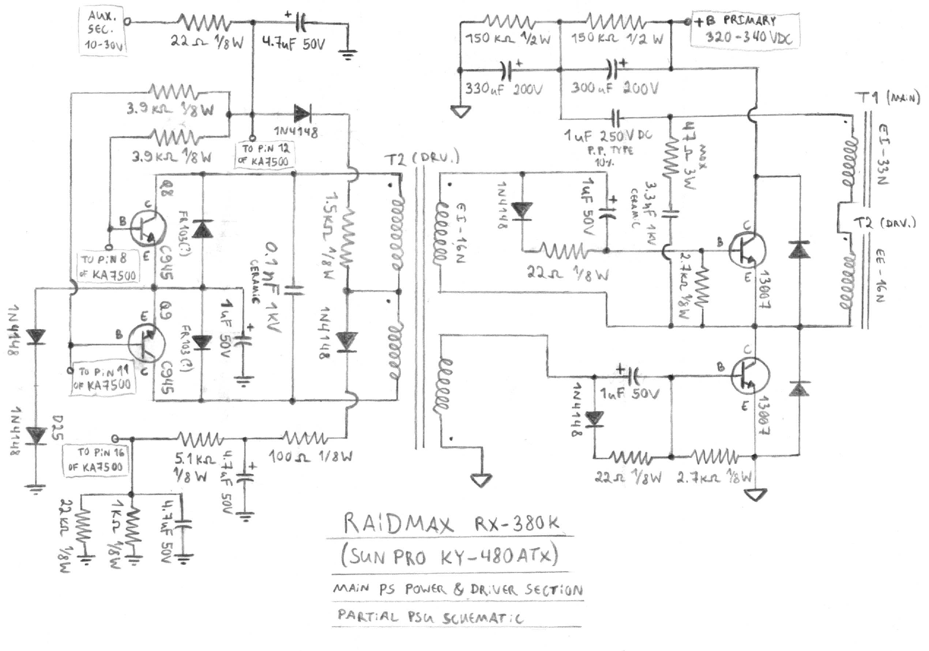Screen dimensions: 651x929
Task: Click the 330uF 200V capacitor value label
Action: [x=503, y=89]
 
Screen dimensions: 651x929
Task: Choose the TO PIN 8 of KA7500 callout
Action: [x=108, y=267]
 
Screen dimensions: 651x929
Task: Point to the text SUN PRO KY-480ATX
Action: [x=449, y=556]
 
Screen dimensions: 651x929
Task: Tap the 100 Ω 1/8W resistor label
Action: [x=311, y=457]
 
